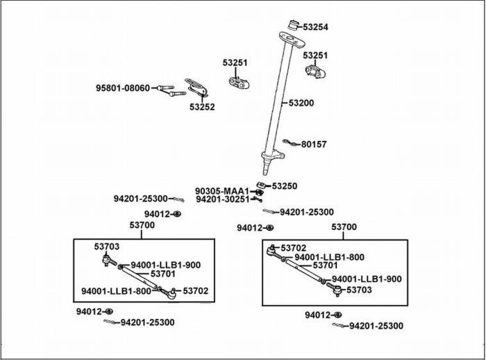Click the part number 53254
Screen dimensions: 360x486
(314, 27)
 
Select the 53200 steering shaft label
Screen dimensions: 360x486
(301, 103)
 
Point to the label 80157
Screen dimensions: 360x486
(313, 145)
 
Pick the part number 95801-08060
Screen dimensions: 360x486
(122, 88)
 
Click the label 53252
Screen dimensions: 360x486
(202, 107)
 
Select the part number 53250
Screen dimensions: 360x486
(285, 186)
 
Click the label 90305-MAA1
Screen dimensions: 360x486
(221, 191)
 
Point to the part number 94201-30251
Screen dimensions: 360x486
(222, 199)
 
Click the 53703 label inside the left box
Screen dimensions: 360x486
(107, 246)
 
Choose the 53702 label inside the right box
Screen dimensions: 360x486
(294, 247)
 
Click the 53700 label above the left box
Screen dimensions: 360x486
(142, 225)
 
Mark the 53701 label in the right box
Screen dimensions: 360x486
(325, 265)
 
